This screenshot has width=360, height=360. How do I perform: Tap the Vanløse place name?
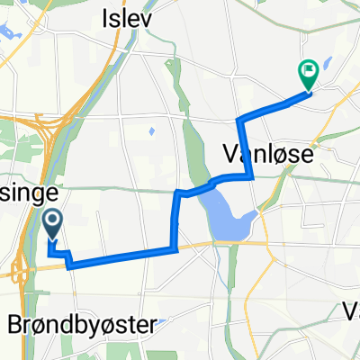[266, 155]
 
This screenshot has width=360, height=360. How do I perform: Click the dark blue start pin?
[52, 223]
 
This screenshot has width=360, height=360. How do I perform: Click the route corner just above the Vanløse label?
[238, 120]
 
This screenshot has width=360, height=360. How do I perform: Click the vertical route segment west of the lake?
[175, 220]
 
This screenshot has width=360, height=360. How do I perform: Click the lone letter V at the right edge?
[352, 310]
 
